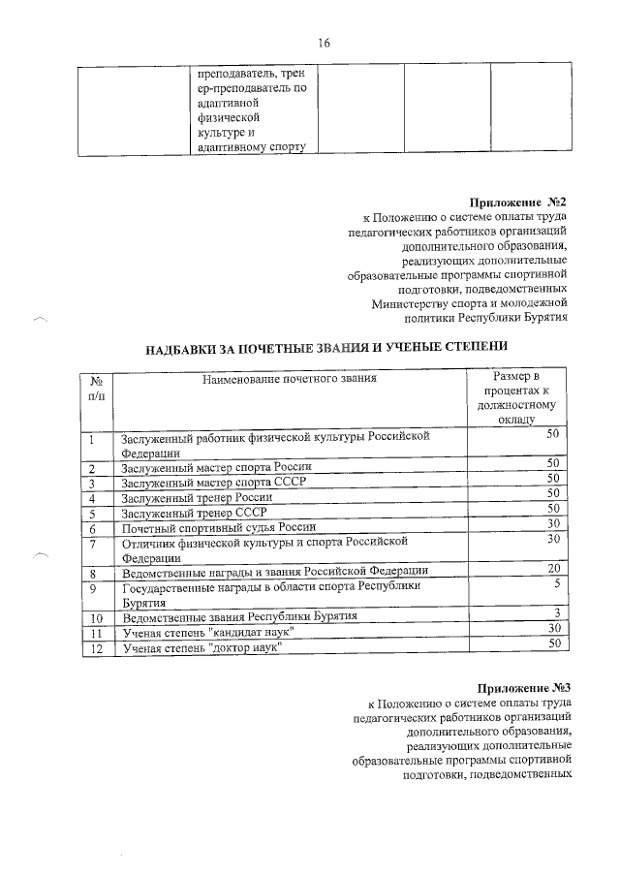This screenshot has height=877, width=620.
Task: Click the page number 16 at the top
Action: [324, 43]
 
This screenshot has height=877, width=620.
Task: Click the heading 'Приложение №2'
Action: [517, 202]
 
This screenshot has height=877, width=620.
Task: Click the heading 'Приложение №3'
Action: [529, 685]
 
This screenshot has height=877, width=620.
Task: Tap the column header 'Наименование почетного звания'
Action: [289, 379]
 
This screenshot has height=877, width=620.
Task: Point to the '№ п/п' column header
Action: [96, 389]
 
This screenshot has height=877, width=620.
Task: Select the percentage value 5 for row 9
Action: [557, 584]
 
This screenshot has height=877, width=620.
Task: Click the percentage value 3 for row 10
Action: [557, 612]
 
